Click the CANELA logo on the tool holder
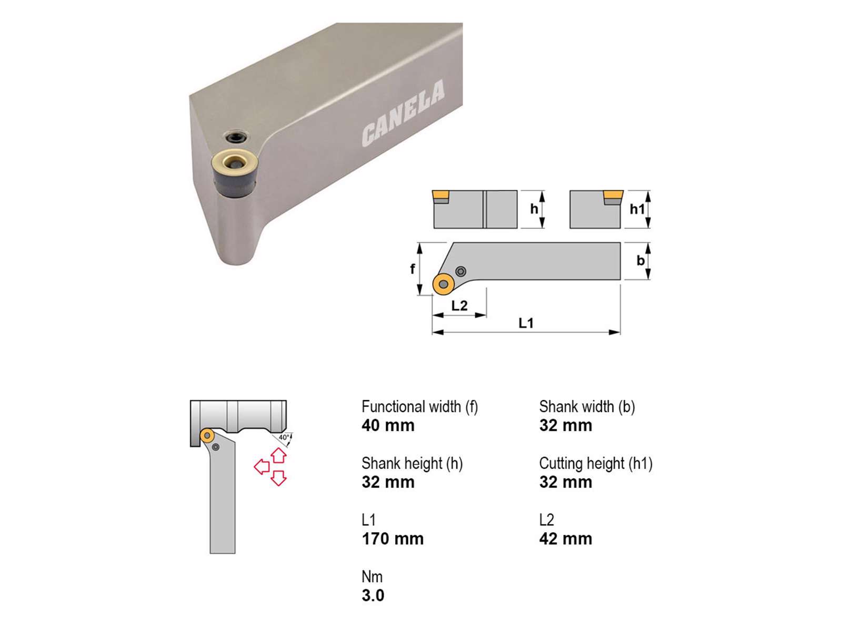[403, 114]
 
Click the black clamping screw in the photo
[236, 137]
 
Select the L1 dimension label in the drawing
[526, 323]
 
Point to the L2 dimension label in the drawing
[459, 306]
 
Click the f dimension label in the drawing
[413, 269]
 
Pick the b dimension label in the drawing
[640, 260]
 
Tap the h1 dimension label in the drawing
[637, 209]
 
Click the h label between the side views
[534, 209]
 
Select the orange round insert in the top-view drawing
[444, 284]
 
